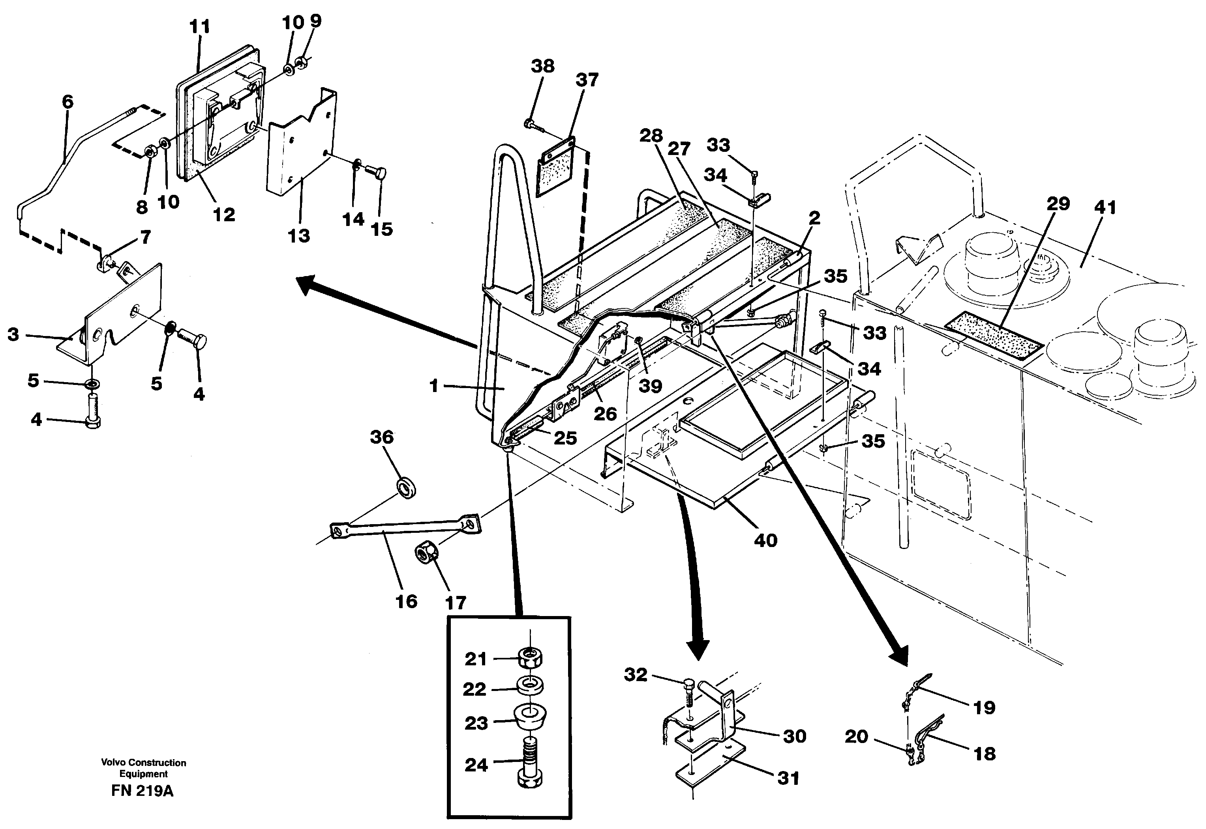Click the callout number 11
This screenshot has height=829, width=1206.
200,26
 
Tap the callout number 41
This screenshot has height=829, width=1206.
1105,208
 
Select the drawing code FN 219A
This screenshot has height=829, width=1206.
143,791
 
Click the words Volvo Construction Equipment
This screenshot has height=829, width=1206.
143,768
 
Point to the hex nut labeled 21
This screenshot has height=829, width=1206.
530,658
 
